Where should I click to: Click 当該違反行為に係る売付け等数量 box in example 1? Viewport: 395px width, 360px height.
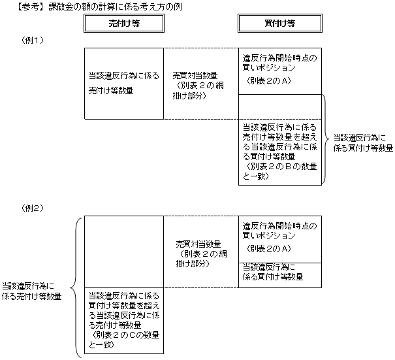pos(124,83)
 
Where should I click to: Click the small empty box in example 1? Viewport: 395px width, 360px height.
pos(280,106)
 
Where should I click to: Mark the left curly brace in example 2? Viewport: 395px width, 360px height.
pos(78,287)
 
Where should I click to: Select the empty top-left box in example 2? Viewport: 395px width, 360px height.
pos(124,251)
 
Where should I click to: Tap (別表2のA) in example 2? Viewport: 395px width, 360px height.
pos(268,249)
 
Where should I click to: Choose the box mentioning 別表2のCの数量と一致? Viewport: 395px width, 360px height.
pos(124,320)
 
